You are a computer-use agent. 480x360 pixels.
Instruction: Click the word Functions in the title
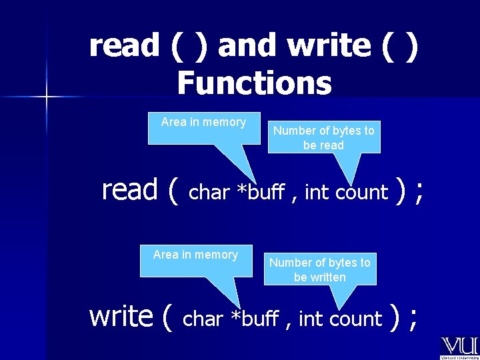click(x=254, y=83)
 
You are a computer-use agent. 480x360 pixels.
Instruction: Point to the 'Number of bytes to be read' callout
click(x=324, y=137)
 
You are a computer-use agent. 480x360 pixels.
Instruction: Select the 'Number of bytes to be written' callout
click(x=320, y=270)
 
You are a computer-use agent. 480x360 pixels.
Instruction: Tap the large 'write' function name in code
click(x=121, y=316)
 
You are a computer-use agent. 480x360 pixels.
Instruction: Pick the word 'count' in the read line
click(x=361, y=193)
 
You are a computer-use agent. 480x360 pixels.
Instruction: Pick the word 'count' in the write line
click(x=355, y=319)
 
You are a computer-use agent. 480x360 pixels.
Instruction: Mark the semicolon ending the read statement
click(x=419, y=192)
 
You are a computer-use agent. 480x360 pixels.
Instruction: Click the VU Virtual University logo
click(x=459, y=347)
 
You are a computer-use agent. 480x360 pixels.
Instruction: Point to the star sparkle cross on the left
click(x=47, y=97)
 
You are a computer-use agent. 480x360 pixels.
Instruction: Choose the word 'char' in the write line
click(x=203, y=319)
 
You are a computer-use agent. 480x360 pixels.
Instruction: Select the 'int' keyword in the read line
click(x=317, y=193)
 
